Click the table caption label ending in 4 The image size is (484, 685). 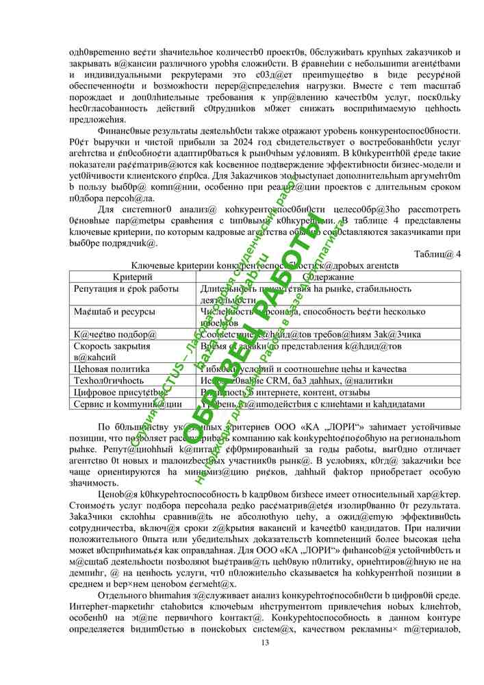coord(437,254)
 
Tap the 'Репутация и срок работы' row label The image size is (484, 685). coord(126,288)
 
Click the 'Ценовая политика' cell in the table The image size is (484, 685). coord(112,369)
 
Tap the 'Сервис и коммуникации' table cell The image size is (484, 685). coord(127,404)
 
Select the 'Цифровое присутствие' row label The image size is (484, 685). coord(120,393)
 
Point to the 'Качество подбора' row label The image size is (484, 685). coord(115,334)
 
